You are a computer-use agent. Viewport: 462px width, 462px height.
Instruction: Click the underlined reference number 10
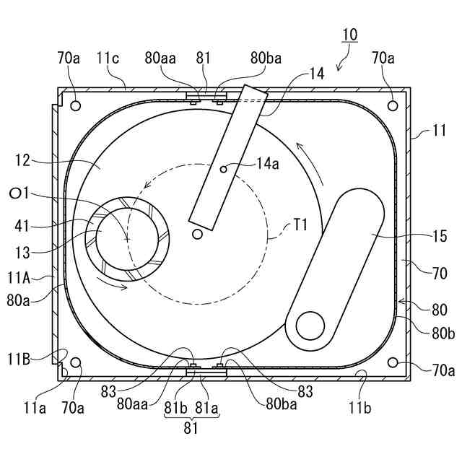pyautogui.click(x=349, y=35)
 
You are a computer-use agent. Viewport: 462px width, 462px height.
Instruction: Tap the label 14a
pyautogui.click(x=268, y=163)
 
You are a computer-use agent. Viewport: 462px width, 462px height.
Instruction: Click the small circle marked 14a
pyautogui.click(x=223, y=170)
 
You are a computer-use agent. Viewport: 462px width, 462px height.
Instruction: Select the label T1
pyautogui.click(x=300, y=225)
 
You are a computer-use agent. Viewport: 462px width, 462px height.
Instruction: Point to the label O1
pyautogui.click(x=19, y=193)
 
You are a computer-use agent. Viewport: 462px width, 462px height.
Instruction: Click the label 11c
pyautogui.click(x=108, y=58)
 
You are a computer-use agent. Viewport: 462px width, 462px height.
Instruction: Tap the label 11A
pyautogui.click(x=19, y=277)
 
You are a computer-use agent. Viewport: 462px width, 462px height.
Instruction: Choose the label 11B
pyautogui.click(x=19, y=359)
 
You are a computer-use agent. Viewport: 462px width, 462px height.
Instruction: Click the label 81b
pyautogui.click(x=175, y=408)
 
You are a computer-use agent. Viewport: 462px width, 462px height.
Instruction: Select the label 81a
pyautogui.click(x=206, y=408)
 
